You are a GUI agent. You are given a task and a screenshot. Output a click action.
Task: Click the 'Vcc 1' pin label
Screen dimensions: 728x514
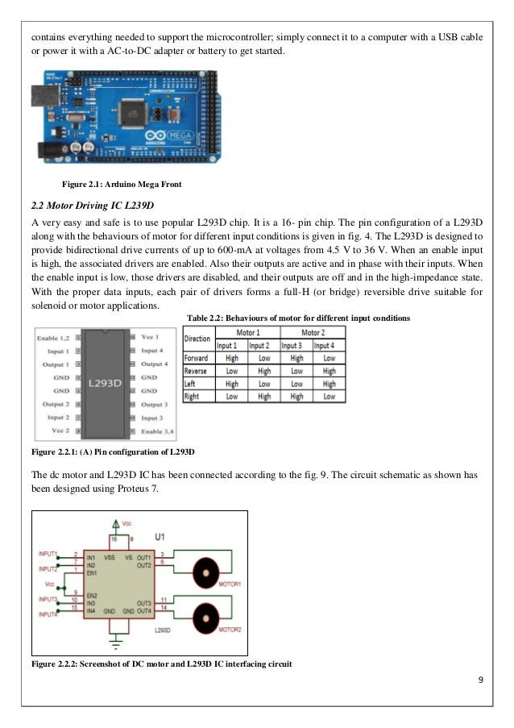(151, 335)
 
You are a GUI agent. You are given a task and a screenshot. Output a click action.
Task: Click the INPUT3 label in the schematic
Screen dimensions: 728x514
(46, 599)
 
